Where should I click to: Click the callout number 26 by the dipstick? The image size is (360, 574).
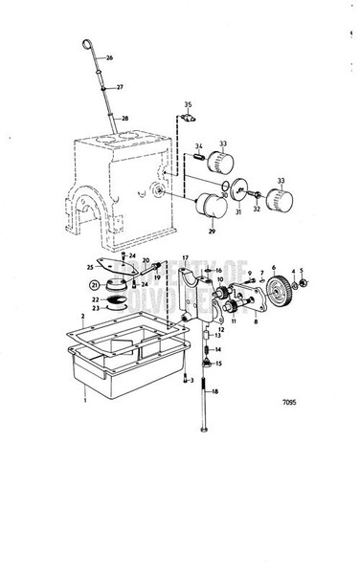(x=110, y=58)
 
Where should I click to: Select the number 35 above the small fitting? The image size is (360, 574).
(x=188, y=103)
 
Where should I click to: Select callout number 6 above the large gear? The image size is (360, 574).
(x=273, y=268)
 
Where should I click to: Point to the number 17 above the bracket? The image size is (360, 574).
(x=186, y=259)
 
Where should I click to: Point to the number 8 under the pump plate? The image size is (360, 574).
(x=256, y=322)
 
